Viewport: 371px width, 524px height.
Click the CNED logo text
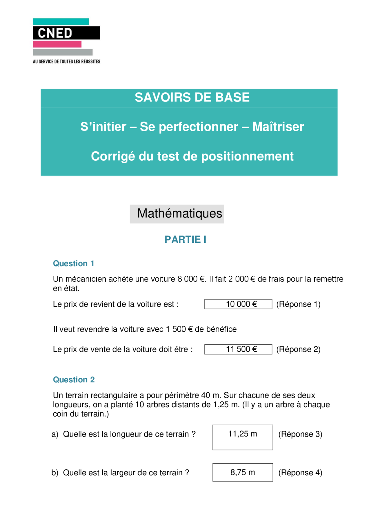coord(55,33)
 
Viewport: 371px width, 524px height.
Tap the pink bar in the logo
coord(57,44)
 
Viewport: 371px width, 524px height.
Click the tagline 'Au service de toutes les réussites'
coord(66,61)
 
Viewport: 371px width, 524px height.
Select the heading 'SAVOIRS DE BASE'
coord(192,97)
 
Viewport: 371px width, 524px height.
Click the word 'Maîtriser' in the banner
coord(278,127)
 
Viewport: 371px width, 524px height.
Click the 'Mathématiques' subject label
coord(179,213)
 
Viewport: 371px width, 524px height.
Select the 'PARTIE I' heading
coord(185,240)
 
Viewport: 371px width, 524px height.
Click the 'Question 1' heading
coord(73,263)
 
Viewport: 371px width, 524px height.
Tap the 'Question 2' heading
coord(74,379)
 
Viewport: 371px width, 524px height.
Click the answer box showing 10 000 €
coord(238,304)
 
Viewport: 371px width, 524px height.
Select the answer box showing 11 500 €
coord(238,349)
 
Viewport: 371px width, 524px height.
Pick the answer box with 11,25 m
coord(243,437)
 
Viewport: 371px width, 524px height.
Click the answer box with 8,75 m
coord(243,472)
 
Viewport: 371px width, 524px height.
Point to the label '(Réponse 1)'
coord(298,304)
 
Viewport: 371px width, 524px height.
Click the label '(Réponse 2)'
coord(298,349)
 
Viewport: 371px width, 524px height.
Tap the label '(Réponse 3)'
coord(300,434)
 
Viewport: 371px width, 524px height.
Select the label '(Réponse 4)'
coord(300,472)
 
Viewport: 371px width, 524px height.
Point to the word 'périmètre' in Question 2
coord(182,395)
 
